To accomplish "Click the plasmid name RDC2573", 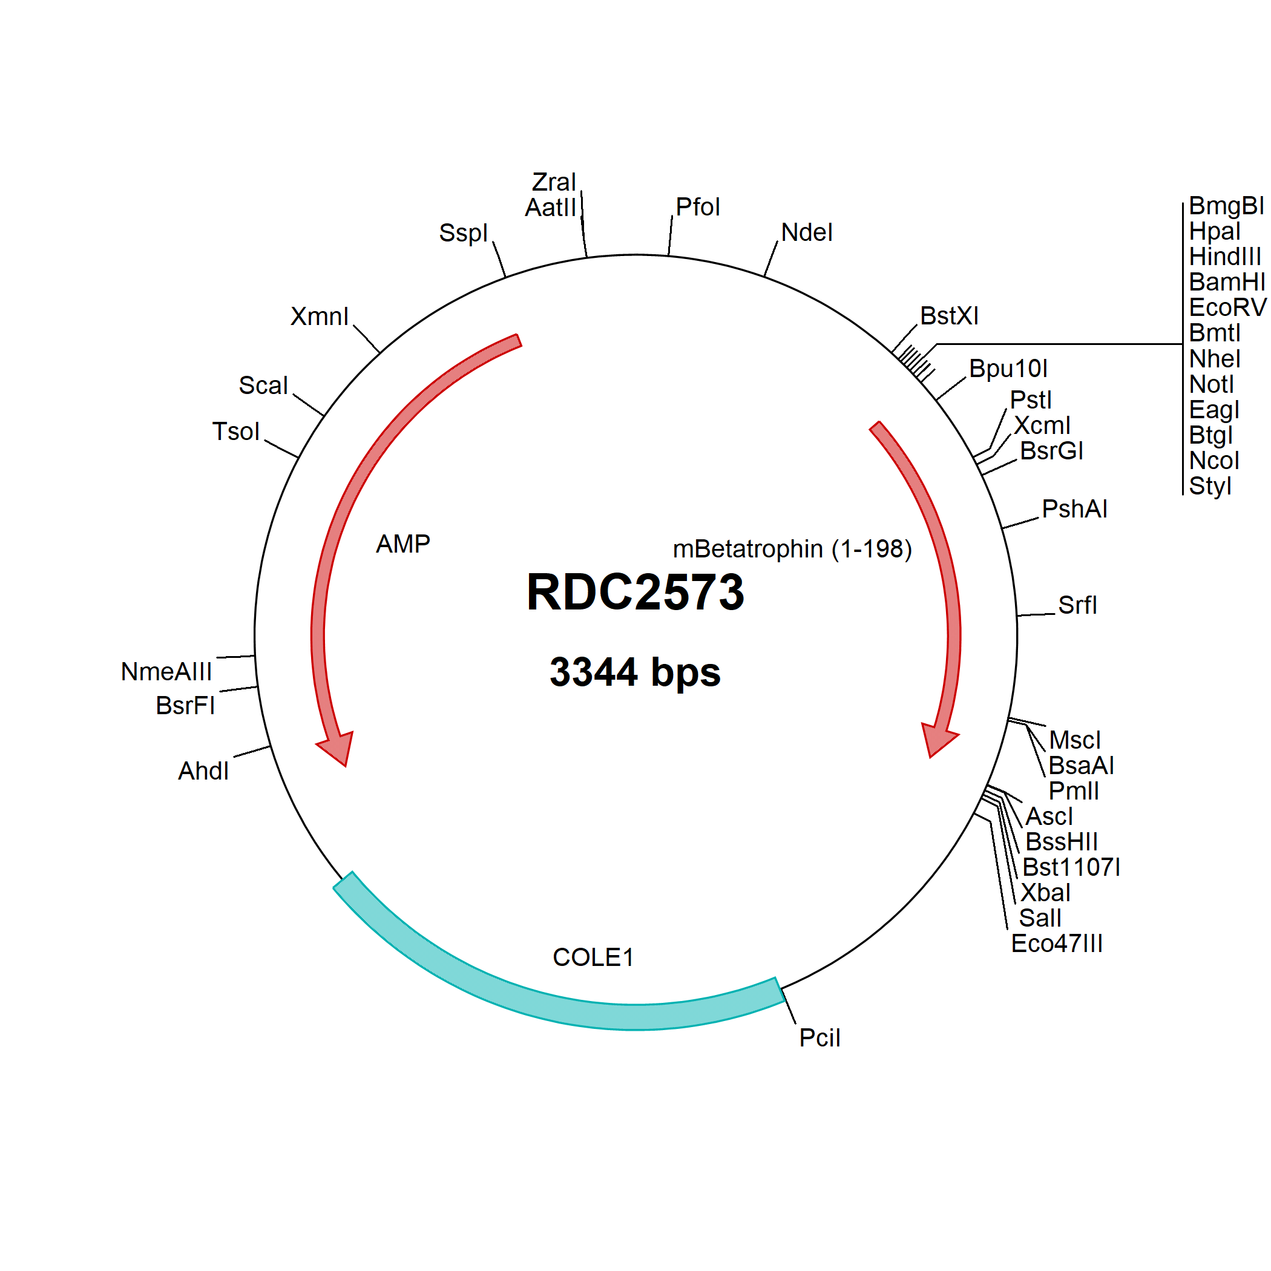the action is coord(635,592).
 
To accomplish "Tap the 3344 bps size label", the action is coord(635,672).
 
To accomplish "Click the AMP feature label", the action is coord(402,544).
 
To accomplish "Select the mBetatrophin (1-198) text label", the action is coord(792,549).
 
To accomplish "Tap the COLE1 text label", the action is coord(593,957).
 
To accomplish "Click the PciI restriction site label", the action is coord(819,1037).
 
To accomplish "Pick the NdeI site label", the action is coord(807,232).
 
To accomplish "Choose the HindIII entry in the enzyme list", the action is coord(1225,256).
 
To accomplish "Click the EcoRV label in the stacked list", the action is coord(1227,307).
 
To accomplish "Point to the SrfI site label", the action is coord(1077,605).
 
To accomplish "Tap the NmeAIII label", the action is coord(166,672).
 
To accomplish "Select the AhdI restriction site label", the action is coord(203,771).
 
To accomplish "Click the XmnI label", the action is coord(319,317).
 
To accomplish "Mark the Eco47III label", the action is coord(1057,944).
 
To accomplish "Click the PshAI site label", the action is coord(1074,508).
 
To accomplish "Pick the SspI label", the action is coord(463,233).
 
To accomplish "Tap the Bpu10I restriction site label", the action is coord(1008,369).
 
